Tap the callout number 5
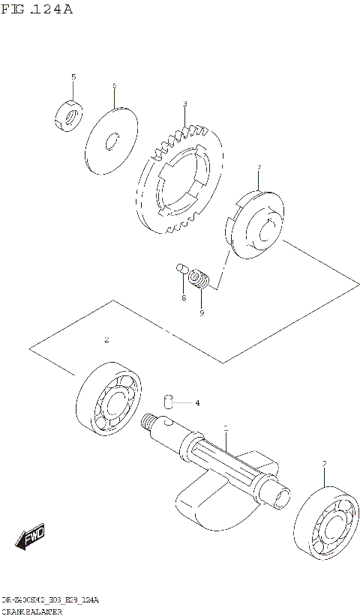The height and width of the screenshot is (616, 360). tap(73, 77)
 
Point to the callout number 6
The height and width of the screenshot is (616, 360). tap(114, 87)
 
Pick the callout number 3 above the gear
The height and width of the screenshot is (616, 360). tap(184, 103)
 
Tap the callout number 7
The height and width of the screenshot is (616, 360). tap(259, 167)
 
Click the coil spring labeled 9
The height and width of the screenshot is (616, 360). tap(198, 280)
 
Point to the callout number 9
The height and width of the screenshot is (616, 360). tap(201, 312)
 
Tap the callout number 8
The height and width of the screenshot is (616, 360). tap(182, 298)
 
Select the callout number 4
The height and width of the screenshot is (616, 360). tap(197, 403)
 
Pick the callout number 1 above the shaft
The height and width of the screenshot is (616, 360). tap(226, 427)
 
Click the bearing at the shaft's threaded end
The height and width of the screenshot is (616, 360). tap(111, 401)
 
